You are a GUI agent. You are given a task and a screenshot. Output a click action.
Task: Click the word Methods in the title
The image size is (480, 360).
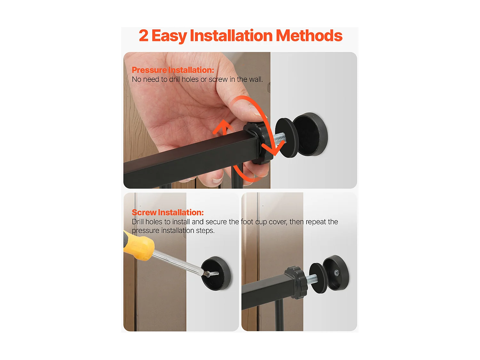tap(309, 36)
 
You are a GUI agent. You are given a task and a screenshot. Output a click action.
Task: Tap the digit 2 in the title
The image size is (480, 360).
tap(143, 36)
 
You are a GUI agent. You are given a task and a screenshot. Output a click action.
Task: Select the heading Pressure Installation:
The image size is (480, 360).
tap(173, 70)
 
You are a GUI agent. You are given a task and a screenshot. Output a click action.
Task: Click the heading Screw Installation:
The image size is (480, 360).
tap(168, 212)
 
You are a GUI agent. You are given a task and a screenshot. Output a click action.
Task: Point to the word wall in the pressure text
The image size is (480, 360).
tap(256, 79)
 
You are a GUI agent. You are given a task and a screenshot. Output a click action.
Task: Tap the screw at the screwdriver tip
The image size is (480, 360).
tap(212, 273)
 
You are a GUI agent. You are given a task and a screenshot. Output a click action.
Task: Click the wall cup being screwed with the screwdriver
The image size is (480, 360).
tap(216, 274)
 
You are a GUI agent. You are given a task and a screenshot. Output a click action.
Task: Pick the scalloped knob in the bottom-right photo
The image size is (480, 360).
tap(296, 283)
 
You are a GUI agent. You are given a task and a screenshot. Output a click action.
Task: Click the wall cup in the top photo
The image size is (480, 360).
tap(310, 134)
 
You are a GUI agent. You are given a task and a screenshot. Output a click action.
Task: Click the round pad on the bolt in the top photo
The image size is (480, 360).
tap(287, 138)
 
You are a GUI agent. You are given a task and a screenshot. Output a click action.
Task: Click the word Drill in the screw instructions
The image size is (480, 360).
tap(138, 222)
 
